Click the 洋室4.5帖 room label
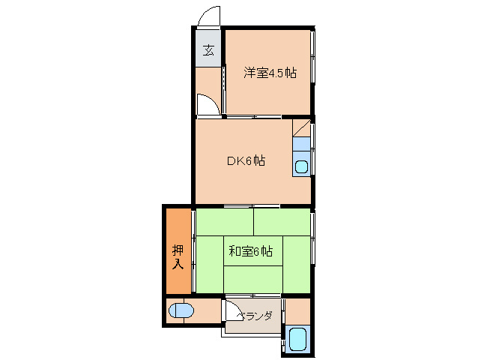[x=269, y=73]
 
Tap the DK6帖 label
[x=246, y=160]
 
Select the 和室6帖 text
[x=249, y=251]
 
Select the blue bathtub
[x=298, y=339]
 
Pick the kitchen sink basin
[x=301, y=166]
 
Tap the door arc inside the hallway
[x=211, y=104]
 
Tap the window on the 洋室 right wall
[x=313, y=56]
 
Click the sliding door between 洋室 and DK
[x=253, y=117]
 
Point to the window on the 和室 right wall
[x=312, y=229]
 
